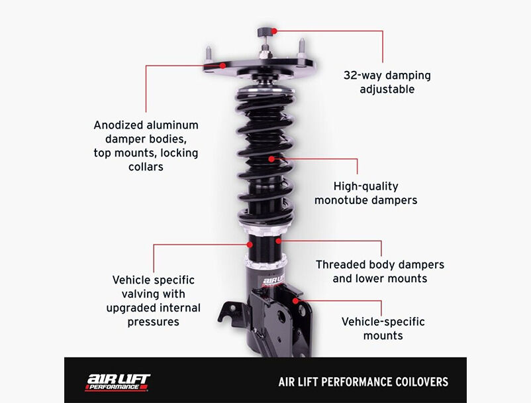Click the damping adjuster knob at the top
(x=265, y=32)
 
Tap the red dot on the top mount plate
(x=222, y=66)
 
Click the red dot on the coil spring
(x=271, y=158)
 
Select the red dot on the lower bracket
(x=296, y=301)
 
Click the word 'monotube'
(x=342, y=200)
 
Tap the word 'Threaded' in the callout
(x=340, y=264)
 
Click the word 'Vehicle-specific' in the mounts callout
(x=383, y=321)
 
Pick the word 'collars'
(x=146, y=167)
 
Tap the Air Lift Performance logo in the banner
(x=117, y=382)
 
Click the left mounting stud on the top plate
(x=209, y=55)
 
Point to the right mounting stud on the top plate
(x=301, y=48)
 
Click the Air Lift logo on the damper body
(x=273, y=282)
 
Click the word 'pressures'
(x=153, y=321)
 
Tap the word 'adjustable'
(x=387, y=89)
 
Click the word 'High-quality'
(x=365, y=186)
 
